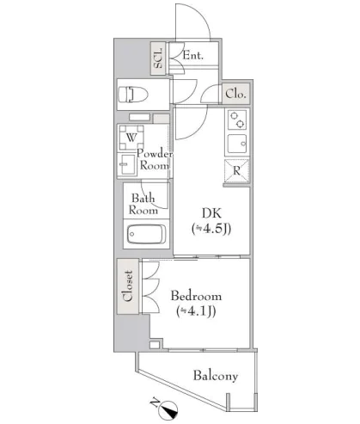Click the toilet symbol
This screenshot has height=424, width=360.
(x=133, y=94)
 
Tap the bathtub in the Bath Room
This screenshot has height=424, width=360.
(x=146, y=234)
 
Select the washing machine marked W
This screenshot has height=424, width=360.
(x=131, y=138)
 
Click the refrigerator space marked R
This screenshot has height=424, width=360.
(x=236, y=171)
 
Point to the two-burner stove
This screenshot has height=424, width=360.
(x=237, y=120)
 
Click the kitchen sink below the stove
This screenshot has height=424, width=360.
(x=237, y=144)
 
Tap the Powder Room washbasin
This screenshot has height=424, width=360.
(x=127, y=164)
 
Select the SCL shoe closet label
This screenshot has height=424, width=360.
(x=158, y=58)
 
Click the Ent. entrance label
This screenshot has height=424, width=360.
(x=193, y=55)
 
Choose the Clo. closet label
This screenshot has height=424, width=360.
(x=235, y=94)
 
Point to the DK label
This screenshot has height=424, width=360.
(x=211, y=213)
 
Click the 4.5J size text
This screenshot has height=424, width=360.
(x=211, y=229)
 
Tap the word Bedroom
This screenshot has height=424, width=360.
(x=196, y=296)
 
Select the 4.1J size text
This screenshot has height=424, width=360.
(x=196, y=311)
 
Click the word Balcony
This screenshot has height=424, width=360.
(x=216, y=376)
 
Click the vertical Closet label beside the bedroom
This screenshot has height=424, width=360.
(x=128, y=286)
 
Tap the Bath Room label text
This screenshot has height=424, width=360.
(x=143, y=204)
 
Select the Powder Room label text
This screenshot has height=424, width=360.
(x=155, y=159)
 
